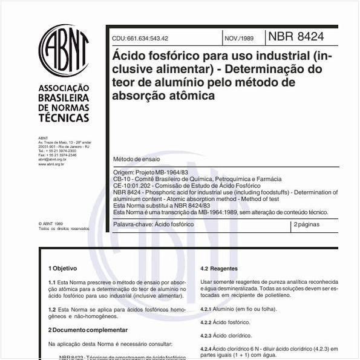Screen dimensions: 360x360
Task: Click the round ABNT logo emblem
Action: pos(64,51)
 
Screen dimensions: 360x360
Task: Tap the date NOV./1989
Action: pos(239,38)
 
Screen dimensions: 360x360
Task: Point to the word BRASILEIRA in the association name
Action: pos(64,97)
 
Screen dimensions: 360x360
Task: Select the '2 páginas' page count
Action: pos(307,224)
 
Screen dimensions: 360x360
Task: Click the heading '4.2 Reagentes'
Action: pos(219,269)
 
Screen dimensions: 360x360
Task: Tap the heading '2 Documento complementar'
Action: pos(88,330)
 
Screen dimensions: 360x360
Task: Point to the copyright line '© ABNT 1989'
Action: pos(50,223)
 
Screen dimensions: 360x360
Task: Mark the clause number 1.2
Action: pos(52,309)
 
